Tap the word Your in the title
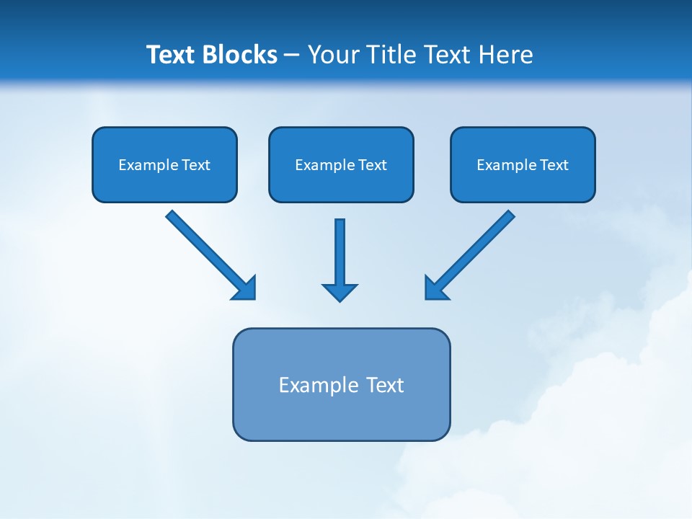334,55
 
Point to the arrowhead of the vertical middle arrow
340,293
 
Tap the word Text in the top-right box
554,165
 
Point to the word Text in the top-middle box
373,165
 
